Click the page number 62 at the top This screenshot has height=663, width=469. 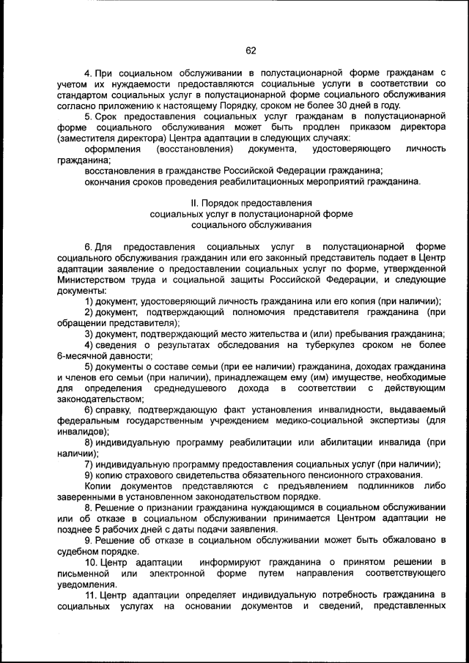(x=251, y=51)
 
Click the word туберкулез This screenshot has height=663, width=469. (x=313, y=345)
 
